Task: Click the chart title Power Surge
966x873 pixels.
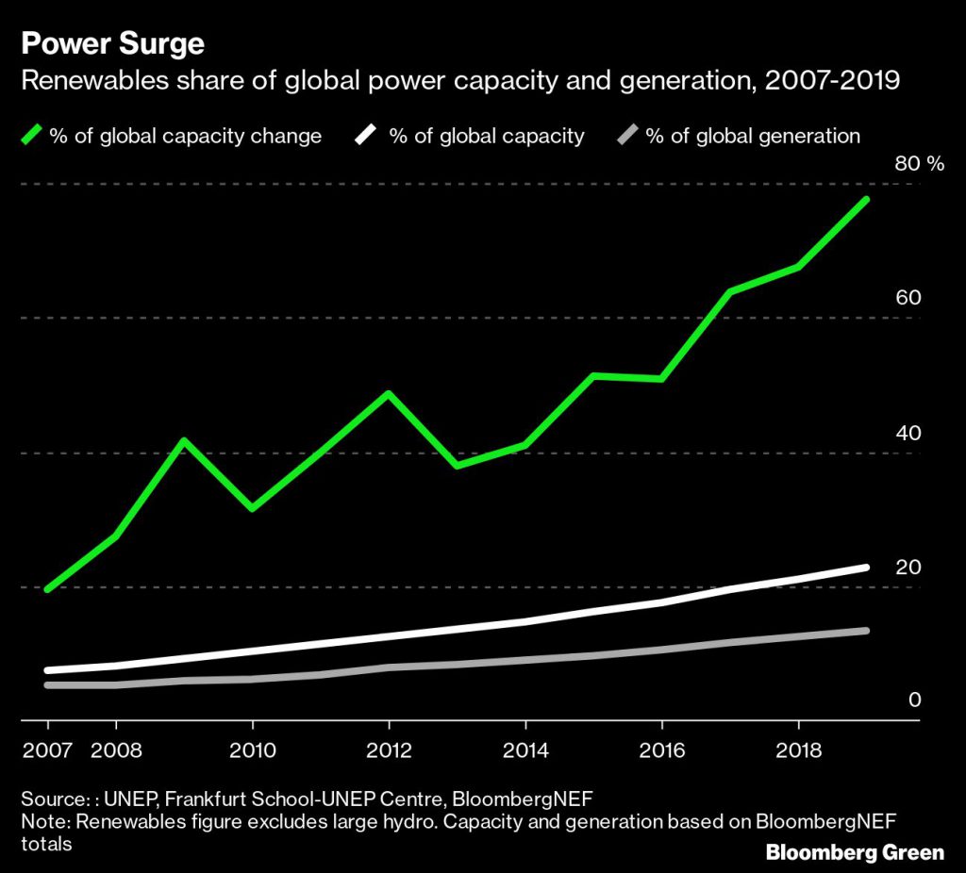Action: point(112,43)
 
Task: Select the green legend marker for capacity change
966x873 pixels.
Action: point(32,136)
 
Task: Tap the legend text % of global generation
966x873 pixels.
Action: point(753,136)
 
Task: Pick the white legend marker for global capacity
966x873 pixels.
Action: point(366,136)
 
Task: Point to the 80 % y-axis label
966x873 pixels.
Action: point(919,164)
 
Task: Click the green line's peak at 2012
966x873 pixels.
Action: point(389,393)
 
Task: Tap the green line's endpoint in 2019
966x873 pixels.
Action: point(866,200)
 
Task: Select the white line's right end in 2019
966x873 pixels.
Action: point(866,568)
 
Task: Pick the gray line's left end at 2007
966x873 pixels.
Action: point(48,684)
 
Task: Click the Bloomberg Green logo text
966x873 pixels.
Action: point(855,852)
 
